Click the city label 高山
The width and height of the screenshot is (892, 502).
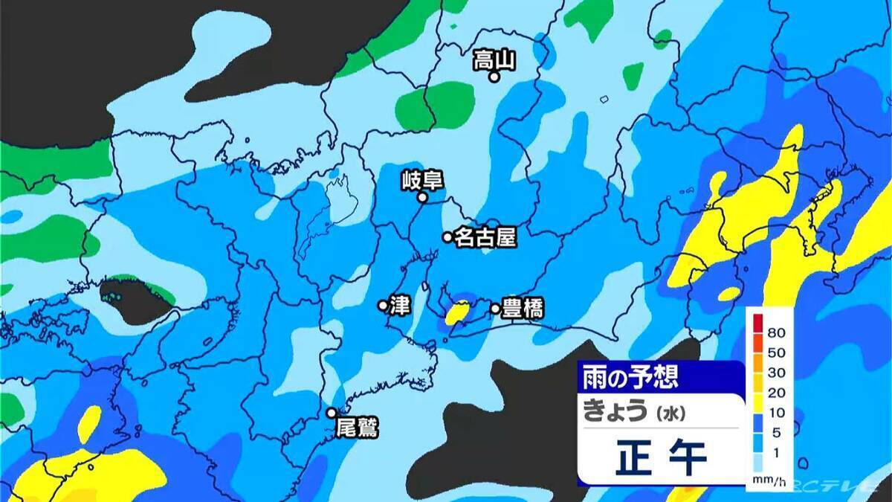point(494,59)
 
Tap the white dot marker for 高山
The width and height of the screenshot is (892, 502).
point(493,77)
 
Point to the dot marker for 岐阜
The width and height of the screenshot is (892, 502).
point(422,198)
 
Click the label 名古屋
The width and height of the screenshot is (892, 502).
point(485,237)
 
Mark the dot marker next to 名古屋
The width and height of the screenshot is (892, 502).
point(447,237)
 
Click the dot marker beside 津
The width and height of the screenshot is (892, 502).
point(383,305)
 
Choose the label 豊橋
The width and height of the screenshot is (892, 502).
point(523,309)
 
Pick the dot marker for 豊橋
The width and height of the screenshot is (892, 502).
point(495,309)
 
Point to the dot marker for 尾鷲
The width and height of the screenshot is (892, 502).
point(332,413)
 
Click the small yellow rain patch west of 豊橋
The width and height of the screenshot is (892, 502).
point(459,312)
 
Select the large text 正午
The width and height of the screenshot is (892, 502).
point(661,457)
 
